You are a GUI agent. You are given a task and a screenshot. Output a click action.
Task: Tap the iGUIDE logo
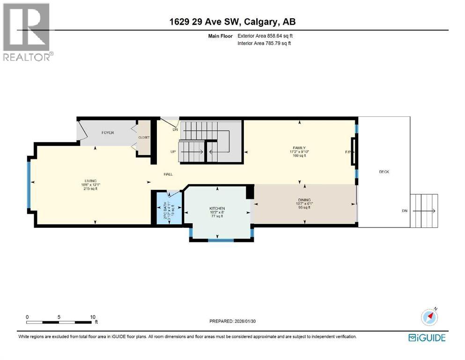(x=427, y=337)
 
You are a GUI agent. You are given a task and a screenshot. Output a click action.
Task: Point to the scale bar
(x=59, y=322)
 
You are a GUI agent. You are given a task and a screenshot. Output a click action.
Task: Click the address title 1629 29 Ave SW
(x=232, y=22)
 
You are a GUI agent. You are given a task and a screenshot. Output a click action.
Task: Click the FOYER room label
(x=108, y=133)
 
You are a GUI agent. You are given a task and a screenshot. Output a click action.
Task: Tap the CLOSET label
(x=143, y=137)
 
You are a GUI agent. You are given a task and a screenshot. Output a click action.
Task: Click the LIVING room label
(x=90, y=180)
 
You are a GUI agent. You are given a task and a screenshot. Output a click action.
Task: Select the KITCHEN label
(x=217, y=208)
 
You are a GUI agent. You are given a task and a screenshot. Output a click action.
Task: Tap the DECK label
(x=384, y=172)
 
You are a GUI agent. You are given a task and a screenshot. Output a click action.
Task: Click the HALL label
(x=168, y=174)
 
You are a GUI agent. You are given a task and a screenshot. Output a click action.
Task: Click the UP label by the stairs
(x=173, y=152)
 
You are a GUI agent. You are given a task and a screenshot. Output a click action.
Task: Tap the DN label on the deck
(x=405, y=211)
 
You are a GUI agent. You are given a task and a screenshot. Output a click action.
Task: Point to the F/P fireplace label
(x=347, y=152)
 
